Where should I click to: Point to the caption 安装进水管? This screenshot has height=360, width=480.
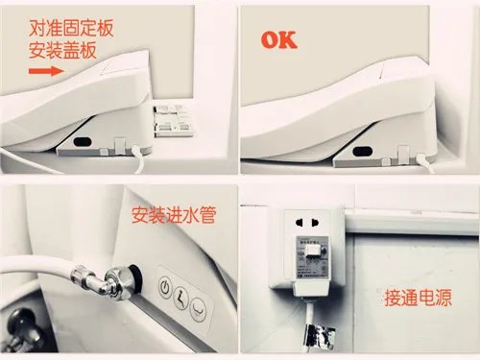[x=173, y=214]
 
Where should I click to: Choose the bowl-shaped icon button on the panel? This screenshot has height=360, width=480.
[x=198, y=308]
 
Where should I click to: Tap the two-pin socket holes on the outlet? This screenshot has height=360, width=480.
[x=312, y=223]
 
